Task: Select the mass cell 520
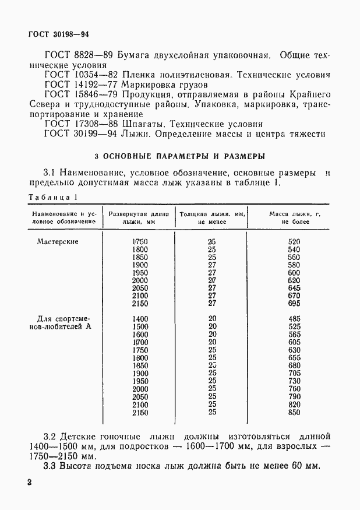(x=294, y=241)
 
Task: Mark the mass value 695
(x=294, y=304)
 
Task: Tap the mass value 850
(x=294, y=413)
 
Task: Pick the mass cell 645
(x=294, y=288)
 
